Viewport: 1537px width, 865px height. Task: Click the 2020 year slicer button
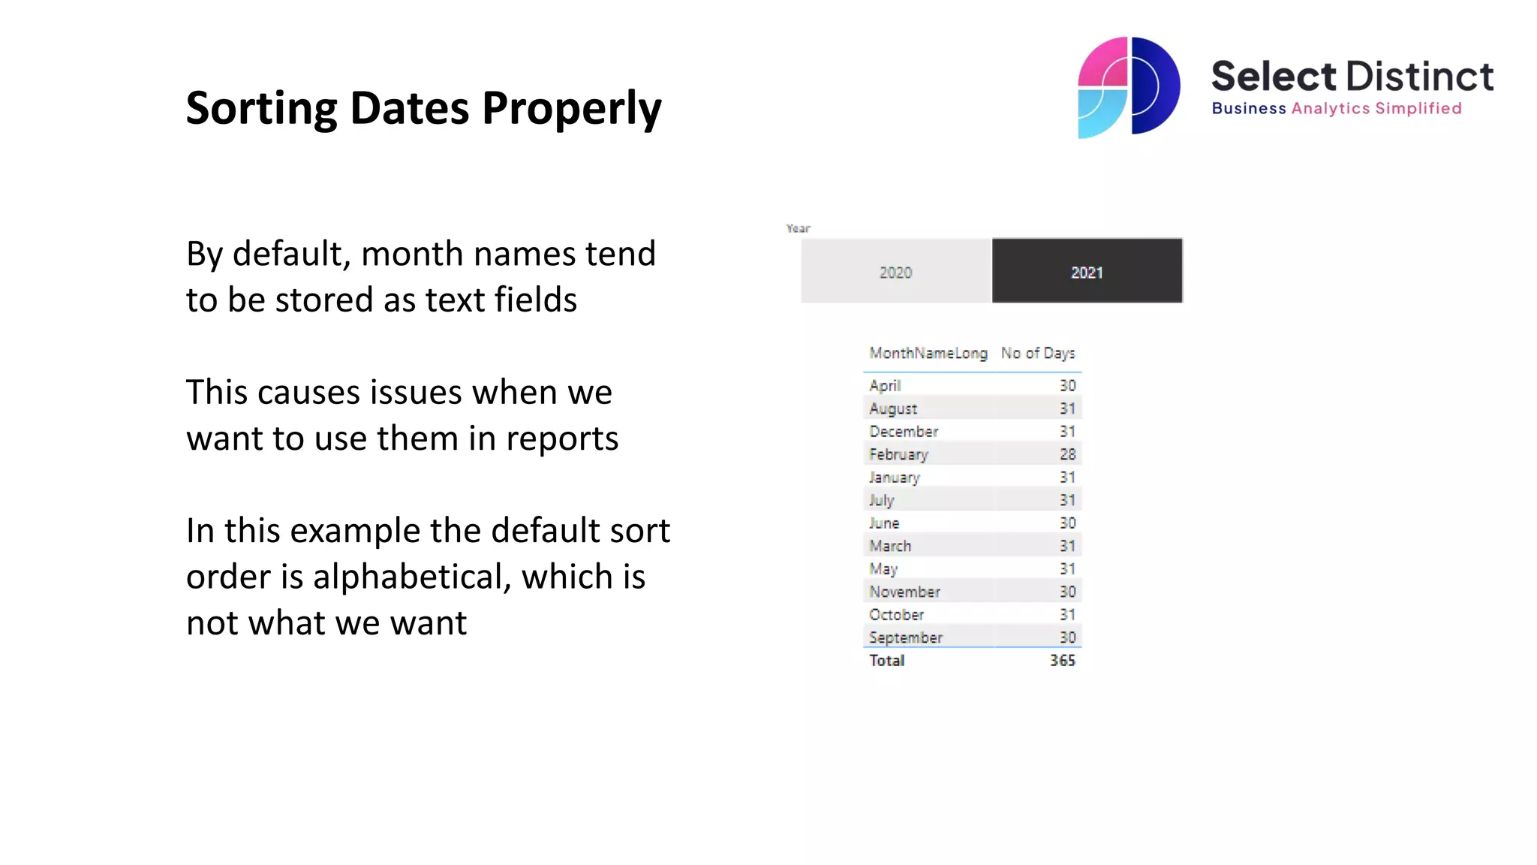pos(896,272)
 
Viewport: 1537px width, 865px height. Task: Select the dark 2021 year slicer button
pos(1087,272)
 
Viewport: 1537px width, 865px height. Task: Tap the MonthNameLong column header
pos(928,353)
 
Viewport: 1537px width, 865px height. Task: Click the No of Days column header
pos(1038,353)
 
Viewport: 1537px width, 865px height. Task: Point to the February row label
pos(898,454)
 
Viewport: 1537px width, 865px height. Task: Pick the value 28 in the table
pos(1067,454)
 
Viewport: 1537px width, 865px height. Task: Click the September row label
pos(906,637)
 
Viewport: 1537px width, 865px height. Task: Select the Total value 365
pos(1062,661)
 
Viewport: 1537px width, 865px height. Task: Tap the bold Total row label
pos(887,661)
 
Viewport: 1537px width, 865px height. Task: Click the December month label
pos(904,432)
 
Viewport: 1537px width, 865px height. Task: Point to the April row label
pos(885,386)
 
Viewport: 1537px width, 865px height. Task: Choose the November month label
pos(904,592)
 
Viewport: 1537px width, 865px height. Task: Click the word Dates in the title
pos(410,108)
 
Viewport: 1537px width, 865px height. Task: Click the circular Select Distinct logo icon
pos(1129,87)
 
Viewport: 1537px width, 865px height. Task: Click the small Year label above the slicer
pos(798,228)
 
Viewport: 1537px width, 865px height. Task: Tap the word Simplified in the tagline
pos(1418,108)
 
